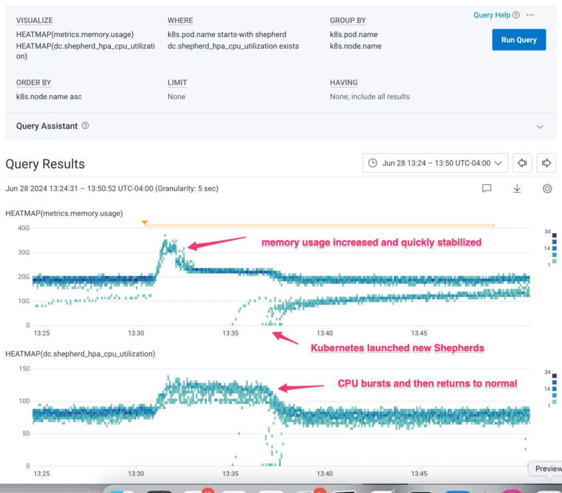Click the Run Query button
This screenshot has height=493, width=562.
pyautogui.click(x=519, y=40)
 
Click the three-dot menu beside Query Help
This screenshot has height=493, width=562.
pyautogui.click(x=530, y=15)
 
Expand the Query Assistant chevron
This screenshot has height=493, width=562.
pyautogui.click(x=540, y=127)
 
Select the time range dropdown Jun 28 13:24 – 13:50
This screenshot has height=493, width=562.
pyautogui.click(x=435, y=163)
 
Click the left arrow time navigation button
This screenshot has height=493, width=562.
pyautogui.click(x=522, y=163)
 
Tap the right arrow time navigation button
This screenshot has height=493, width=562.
pyautogui.click(x=546, y=163)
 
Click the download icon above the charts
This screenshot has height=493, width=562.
pyautogui.click(x=516, y=189)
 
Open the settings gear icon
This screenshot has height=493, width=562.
pyautogui.click(x=547, y=189)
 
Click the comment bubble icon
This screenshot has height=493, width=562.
pyautogui.click(x=486, y=189)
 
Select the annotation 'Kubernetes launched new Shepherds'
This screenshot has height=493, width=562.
pyautogui.click(x=397, y=348)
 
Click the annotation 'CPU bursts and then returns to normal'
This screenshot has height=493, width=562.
pyautogui.click(x=427, y=383)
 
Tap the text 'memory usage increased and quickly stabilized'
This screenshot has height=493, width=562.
pyautogui.click(x=371, y=242)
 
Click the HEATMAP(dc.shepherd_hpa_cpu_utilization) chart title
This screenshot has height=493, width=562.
pyautogui.click(x=80, y=354)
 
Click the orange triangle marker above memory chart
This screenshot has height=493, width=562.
pyautogui.click(x=144, y=223)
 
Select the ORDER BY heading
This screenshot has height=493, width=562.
pyautogui.click(x=33, y=83)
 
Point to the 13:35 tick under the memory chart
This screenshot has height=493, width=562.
pyautogui.click(x=231, y=333)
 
